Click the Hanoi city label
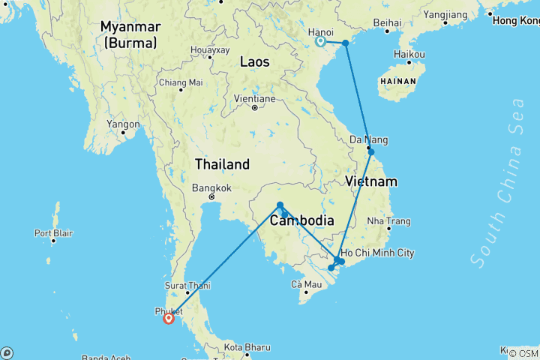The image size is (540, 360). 320,31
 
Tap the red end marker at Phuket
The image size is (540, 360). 168,319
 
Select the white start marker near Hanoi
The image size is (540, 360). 321,42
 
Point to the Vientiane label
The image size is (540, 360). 254,98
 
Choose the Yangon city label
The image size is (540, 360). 124,124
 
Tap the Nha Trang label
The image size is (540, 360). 388,221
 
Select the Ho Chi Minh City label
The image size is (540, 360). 378,253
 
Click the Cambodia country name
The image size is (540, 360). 301,221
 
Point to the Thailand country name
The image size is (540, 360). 222,163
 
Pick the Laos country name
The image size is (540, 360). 254,62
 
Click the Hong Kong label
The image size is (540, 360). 516,20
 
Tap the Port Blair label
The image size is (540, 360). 53,232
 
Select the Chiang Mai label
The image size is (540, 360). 181,82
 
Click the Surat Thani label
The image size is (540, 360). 187,285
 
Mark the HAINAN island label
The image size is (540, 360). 399,79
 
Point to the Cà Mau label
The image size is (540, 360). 306,284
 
